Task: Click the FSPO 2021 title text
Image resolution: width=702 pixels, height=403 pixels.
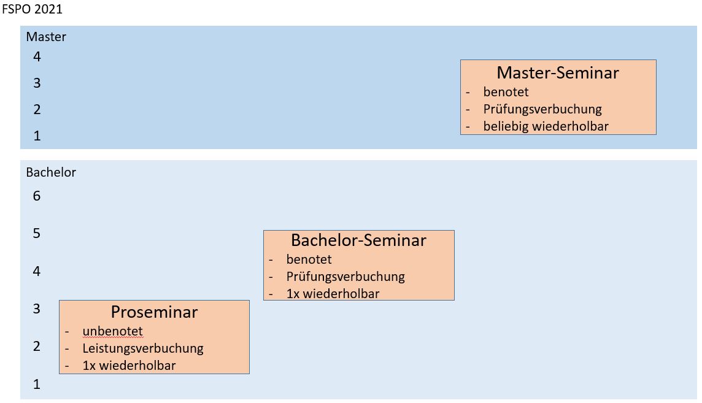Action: (33, 9)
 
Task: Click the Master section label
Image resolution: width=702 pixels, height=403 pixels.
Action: (46, 37)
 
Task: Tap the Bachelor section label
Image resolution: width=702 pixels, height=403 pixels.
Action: (51, 172)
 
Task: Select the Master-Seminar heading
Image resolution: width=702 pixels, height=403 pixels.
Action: (558, 72)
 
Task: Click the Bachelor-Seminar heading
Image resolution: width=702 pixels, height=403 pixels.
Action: (358, 240)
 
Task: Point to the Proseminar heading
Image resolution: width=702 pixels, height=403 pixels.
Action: (154, 312)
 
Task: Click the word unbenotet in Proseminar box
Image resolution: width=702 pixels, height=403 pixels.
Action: (112, 331)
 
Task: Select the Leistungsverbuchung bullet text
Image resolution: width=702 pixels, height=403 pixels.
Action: (143, 348)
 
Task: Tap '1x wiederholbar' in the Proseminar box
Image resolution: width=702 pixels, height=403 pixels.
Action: (129, 366)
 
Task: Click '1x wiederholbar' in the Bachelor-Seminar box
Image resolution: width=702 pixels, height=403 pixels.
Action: (333, 294)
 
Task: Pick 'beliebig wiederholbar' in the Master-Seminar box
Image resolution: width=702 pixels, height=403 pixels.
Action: (546, 126)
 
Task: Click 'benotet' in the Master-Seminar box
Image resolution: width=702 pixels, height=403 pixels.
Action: (506, 91)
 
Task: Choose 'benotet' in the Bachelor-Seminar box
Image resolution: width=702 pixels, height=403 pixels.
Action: (309, 259)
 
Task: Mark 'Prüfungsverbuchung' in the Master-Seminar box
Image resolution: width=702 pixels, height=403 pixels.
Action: (542, 109)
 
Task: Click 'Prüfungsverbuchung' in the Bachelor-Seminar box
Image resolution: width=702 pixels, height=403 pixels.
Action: (345, 277)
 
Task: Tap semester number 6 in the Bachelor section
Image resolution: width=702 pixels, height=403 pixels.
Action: (37, 196)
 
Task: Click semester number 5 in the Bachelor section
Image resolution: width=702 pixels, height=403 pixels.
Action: (37, 233)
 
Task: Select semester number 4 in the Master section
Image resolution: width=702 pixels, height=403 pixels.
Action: (37, 56)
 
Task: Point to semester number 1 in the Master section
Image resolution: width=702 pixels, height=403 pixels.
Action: (37, 136)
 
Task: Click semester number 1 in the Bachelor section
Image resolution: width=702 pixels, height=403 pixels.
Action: (37, 384)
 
